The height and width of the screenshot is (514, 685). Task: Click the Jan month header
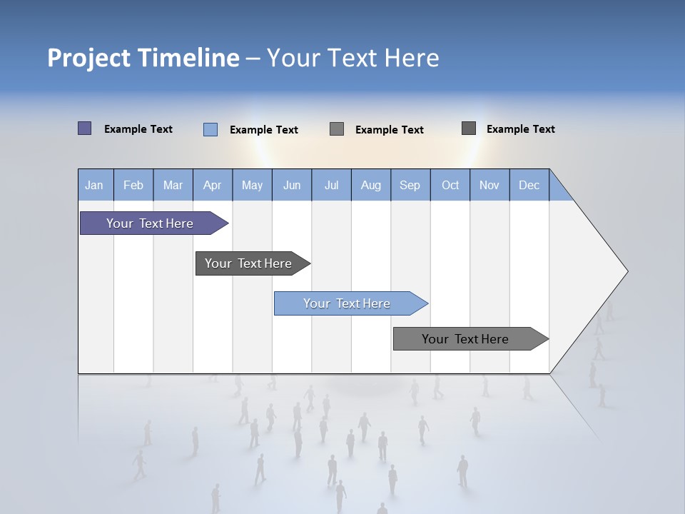95,185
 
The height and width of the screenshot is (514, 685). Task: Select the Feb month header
133,185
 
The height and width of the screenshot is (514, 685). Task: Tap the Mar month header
173,185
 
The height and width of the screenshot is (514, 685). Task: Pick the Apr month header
213,185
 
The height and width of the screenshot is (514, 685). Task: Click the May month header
252,185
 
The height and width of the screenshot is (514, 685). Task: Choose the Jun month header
292,185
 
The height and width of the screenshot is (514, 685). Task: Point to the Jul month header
331,185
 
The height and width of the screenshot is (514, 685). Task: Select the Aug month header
371,185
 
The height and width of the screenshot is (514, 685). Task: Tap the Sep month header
410,185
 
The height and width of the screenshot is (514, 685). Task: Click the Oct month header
450,185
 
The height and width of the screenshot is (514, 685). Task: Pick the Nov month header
489,185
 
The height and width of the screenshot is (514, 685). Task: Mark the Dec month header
529,185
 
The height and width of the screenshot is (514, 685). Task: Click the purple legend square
85,128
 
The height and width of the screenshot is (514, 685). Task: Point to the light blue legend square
210,129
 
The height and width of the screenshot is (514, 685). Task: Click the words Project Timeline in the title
143,58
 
